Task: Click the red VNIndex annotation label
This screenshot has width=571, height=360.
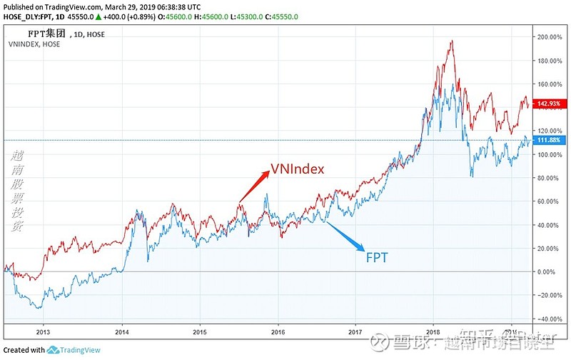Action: pyautogui.click(x=297, y=169)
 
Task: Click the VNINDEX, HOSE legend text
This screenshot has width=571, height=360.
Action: pyautogui.click(x=34, y=44)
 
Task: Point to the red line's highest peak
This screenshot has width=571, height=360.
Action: pyautogui.click(x=451, y=41)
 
